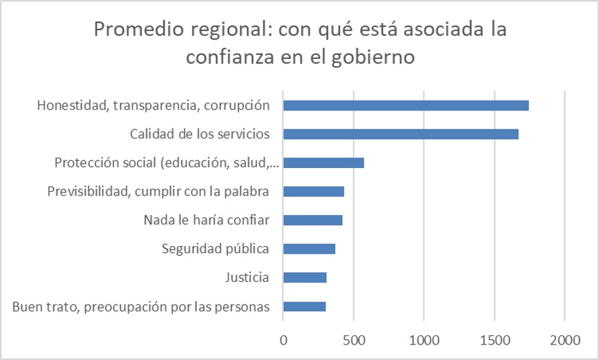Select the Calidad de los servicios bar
pos(401,134)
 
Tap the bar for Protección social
pos(323,163)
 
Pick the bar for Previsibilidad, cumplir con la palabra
pos(314,191)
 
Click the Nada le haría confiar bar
pos(313,220)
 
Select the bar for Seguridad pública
pos(309,248)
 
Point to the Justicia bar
pos(305,277)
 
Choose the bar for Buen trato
pos(304,306)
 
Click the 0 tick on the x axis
pos(283,340)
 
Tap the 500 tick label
pos(354,340)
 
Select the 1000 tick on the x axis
pos(424,340)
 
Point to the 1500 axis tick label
pos(494,340)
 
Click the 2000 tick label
pos(565,340)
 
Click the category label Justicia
pos(246,277)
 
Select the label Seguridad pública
pos(215,248)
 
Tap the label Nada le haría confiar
pos(206,220)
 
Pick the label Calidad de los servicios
pos(200,134)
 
